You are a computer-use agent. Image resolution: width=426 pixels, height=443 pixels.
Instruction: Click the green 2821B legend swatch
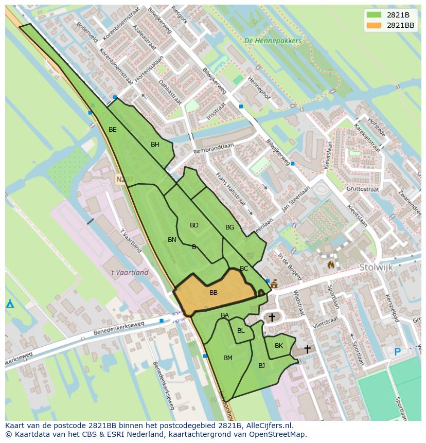(374, 15)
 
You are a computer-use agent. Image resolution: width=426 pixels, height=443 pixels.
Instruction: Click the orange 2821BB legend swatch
(374, 25)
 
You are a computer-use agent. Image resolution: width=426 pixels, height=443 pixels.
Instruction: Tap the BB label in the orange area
(214, 293)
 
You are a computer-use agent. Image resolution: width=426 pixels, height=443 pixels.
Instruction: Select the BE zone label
(112, 130)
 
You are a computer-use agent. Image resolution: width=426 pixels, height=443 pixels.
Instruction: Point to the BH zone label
(155, 145)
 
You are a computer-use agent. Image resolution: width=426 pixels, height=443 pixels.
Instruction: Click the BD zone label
(194, 225)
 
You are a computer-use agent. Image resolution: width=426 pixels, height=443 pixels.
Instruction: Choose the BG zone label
(229, 227)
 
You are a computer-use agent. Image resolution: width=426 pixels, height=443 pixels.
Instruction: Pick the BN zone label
(172, 240)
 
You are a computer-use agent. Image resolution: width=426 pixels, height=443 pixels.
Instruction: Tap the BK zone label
(278, 346)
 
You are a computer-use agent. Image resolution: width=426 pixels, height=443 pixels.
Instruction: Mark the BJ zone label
(261, 366)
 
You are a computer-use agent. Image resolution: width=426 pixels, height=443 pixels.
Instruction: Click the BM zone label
(228, 358)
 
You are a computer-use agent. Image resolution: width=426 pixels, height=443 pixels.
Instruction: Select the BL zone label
(241, 331)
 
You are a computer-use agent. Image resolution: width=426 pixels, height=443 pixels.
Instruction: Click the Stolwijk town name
(376, 267)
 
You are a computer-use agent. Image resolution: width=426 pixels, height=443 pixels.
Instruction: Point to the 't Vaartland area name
(129, 273)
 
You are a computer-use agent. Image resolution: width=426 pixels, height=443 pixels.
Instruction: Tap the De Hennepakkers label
(273, 41)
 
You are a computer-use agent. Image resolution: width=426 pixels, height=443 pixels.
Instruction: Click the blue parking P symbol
(397, 352)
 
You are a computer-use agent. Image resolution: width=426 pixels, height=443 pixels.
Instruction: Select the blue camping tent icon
(10, 304)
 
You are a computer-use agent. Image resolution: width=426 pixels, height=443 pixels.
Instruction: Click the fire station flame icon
(331, 264)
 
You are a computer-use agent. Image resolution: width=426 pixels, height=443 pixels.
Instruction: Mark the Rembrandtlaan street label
(214, 148)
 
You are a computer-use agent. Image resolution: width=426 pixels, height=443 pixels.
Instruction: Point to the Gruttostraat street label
(363, 189)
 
